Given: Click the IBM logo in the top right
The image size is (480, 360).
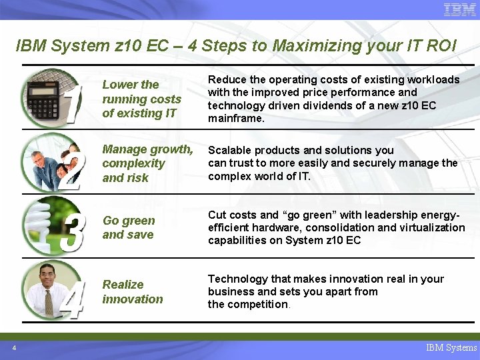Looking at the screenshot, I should coord(460,9).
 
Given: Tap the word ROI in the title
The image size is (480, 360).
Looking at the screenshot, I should coord(441,46).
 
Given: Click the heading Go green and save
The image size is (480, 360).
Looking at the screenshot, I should coord(129,227).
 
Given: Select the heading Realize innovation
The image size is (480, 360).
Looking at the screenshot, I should coord(132,292).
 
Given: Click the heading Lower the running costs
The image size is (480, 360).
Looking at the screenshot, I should coord(141,99).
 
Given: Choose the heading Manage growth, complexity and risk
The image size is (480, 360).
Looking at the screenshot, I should coord(147,163).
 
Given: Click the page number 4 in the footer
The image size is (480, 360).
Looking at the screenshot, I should coord(13,347).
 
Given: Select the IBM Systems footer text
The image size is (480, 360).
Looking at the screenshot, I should coord(451,347).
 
